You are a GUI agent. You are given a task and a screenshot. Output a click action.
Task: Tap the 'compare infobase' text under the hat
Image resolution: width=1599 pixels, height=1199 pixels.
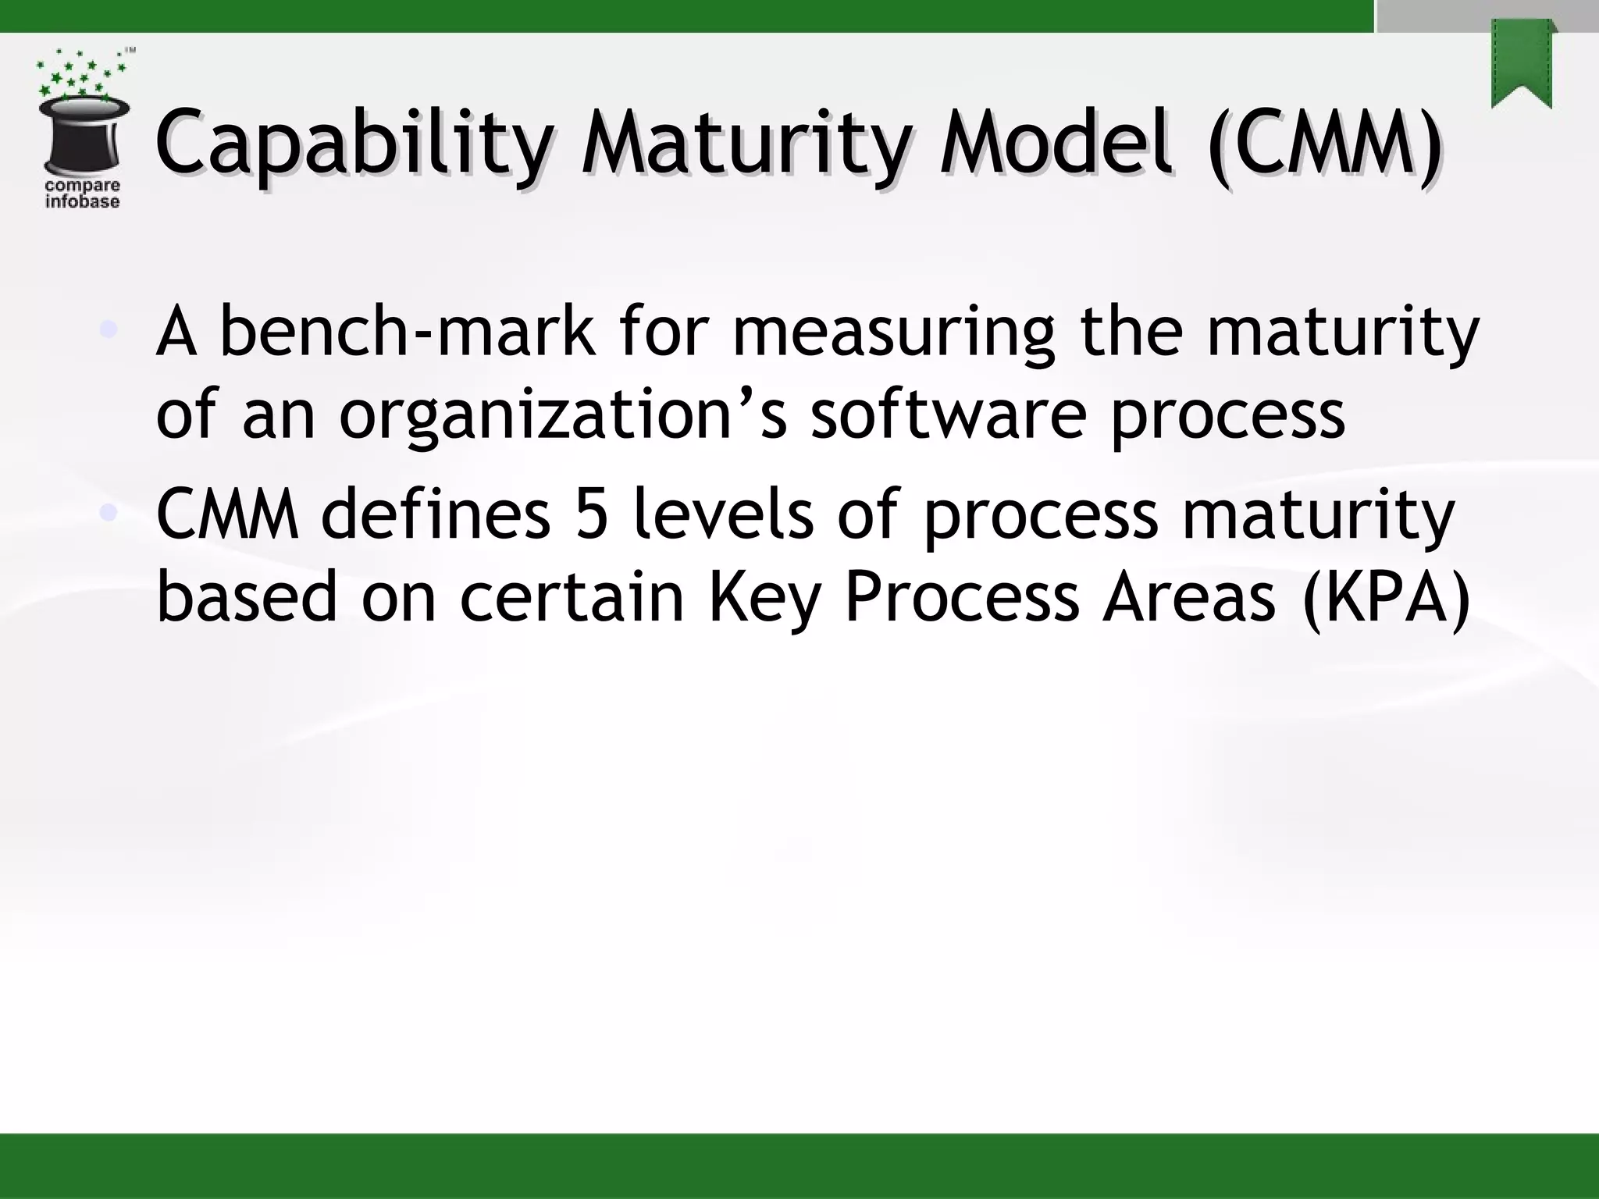pos(82,194)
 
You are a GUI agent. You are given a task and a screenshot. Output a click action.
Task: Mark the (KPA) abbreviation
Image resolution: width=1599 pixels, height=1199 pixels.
pos(1386,598)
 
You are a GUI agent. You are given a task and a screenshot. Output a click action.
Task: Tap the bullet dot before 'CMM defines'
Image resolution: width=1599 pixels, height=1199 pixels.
pos(109,512)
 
